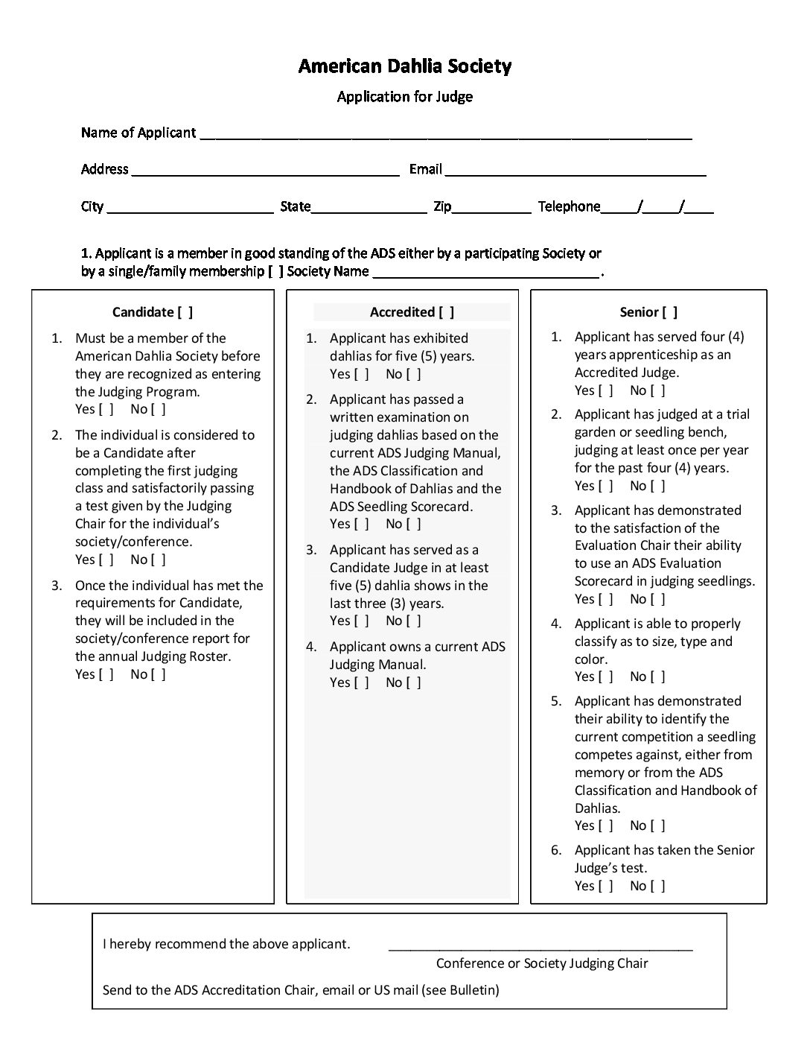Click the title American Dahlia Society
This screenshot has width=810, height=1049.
[x=404, y=66]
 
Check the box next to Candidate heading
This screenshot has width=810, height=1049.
[x=185, y=312]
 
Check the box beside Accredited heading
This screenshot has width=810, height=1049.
[x=446, y=312]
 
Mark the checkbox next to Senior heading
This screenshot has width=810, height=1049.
[x=669, y=312]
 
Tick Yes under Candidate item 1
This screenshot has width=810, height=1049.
[x=106, y=409]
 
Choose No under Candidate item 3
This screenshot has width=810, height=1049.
[x=158, y=674]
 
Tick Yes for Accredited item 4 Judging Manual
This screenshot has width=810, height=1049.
[x=361, y=682]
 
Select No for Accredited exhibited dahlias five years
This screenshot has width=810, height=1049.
[x=413, y=374]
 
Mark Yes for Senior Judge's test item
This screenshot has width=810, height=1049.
[x=606, y=886]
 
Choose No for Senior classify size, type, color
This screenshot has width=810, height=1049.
[x=657, y=676]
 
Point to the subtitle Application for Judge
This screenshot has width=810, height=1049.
[x=404, y=96]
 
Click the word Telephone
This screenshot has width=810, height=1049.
[x=569, y=206]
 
